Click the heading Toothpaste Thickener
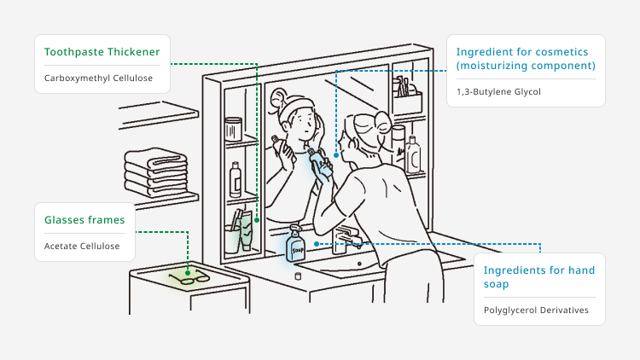click(x=102, y=52)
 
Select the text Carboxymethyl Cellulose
click(x=98, y=78)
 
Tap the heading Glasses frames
click(x=84, y=220)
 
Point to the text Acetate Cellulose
click(x=82, y=247)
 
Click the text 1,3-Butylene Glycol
click(x=498, y=92)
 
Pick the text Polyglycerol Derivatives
click(x=536, y=311)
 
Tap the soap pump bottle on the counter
click(x=295, y=244)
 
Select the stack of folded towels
click(x=156, y=172)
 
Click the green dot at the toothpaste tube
click(x=257, y=220)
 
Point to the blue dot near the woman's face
click(x=336, y=155)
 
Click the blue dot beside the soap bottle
click(x=317, y=244)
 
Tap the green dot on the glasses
click(x=188, y=273)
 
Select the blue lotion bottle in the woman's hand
click(x=320, y=163)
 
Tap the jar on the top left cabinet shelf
click(x=234, y=129)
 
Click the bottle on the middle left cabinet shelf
click(x=236, y=180)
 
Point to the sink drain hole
click(x=359, y=264)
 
